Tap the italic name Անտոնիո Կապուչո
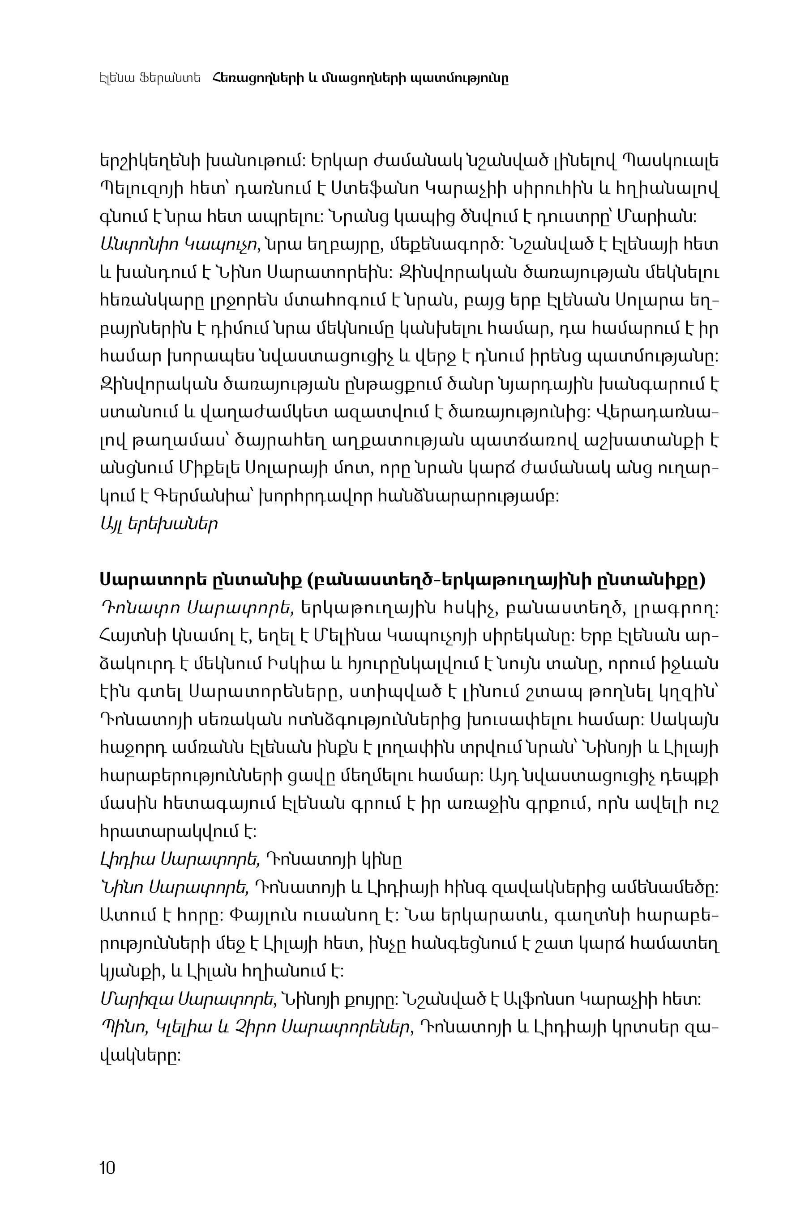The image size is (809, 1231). click(179, 246)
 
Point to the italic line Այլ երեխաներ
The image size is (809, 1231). click(158, 524)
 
